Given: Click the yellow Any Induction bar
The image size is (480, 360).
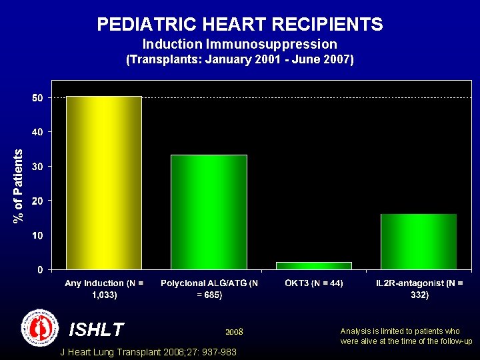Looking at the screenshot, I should click(x=103, y=183).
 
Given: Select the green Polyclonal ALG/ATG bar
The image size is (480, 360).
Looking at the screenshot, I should click(x=209, y=212).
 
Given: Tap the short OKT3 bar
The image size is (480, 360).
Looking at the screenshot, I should click(x=313, y=265).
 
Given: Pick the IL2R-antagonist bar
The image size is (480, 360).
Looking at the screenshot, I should click(x=419, y=241).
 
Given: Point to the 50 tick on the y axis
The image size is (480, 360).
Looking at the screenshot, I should click(x=38, y=97).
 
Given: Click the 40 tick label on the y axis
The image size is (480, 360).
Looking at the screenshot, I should click(x=38, y=132).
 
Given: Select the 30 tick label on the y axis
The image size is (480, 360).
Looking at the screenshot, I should click(x=38, y=167).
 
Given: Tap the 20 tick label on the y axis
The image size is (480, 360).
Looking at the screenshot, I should click(x=38, y=201).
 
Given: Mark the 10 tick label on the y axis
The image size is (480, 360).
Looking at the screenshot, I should click(x=38, y=235).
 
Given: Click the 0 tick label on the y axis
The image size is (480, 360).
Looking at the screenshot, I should click(x=41, y=270).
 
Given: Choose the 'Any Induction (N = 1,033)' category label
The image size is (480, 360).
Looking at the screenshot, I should click(x=103, y=289).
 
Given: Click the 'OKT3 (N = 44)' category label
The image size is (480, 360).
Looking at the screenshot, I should click(x=313, y=283).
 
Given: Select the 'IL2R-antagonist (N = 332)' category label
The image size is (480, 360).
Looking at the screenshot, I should click(x=419, y=289).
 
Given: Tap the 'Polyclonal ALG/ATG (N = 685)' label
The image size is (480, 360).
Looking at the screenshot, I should click(x=209, y=289).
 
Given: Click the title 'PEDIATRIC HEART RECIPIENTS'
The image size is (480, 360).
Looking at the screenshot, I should click(x=240, y=25).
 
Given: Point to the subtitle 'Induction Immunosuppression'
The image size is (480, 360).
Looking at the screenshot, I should click(x=240, y=44).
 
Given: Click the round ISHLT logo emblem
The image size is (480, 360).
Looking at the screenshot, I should click(x=40, y=328).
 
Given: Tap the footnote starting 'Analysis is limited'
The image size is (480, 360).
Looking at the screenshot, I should click(x=406, y=336).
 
